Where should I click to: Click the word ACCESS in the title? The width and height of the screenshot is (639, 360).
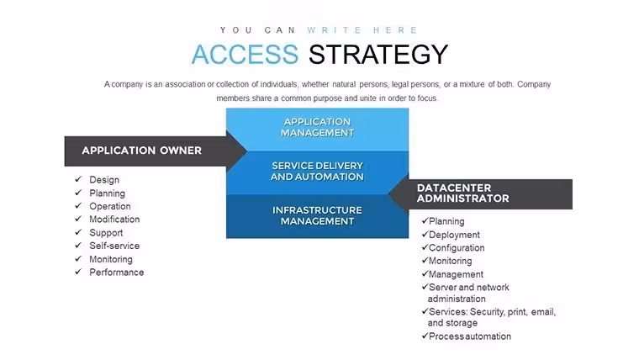(x=245, y=54)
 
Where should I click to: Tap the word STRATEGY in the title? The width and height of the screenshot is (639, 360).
(x=378, y=54)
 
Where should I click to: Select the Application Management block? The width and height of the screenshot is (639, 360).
(x=318, y=130)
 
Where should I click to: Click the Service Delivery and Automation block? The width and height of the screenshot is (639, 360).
(x=318, y=173)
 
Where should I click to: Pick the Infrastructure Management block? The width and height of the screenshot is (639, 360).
(x=318, y=216)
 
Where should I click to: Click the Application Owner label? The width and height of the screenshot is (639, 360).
(x=142, y=151)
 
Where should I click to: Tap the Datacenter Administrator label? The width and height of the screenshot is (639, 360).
(x=463, y=193)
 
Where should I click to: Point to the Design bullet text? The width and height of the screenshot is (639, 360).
(x=104, y=180)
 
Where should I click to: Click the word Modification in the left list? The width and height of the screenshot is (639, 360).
(x=114, y=220)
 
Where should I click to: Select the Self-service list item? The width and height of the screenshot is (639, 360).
(x=114, y=246)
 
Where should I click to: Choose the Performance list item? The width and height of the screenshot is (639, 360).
(x=117, y=273)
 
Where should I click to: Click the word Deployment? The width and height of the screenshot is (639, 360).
(x=454, y=235)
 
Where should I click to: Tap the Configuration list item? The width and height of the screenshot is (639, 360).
(x=457, y=248)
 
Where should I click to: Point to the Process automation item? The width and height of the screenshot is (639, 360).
(x=470, y=336)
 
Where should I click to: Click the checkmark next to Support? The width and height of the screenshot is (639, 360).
(x=78, y=232)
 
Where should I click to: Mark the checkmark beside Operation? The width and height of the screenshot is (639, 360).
(x=78, y=205)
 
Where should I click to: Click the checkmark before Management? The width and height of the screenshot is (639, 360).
(x=425, y=273)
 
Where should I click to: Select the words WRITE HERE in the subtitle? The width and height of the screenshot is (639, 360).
(x=362, y=30)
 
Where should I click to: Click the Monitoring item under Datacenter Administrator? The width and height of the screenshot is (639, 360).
(x=451, y=261)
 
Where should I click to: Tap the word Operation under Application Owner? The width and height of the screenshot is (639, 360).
(x=110, y=206)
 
